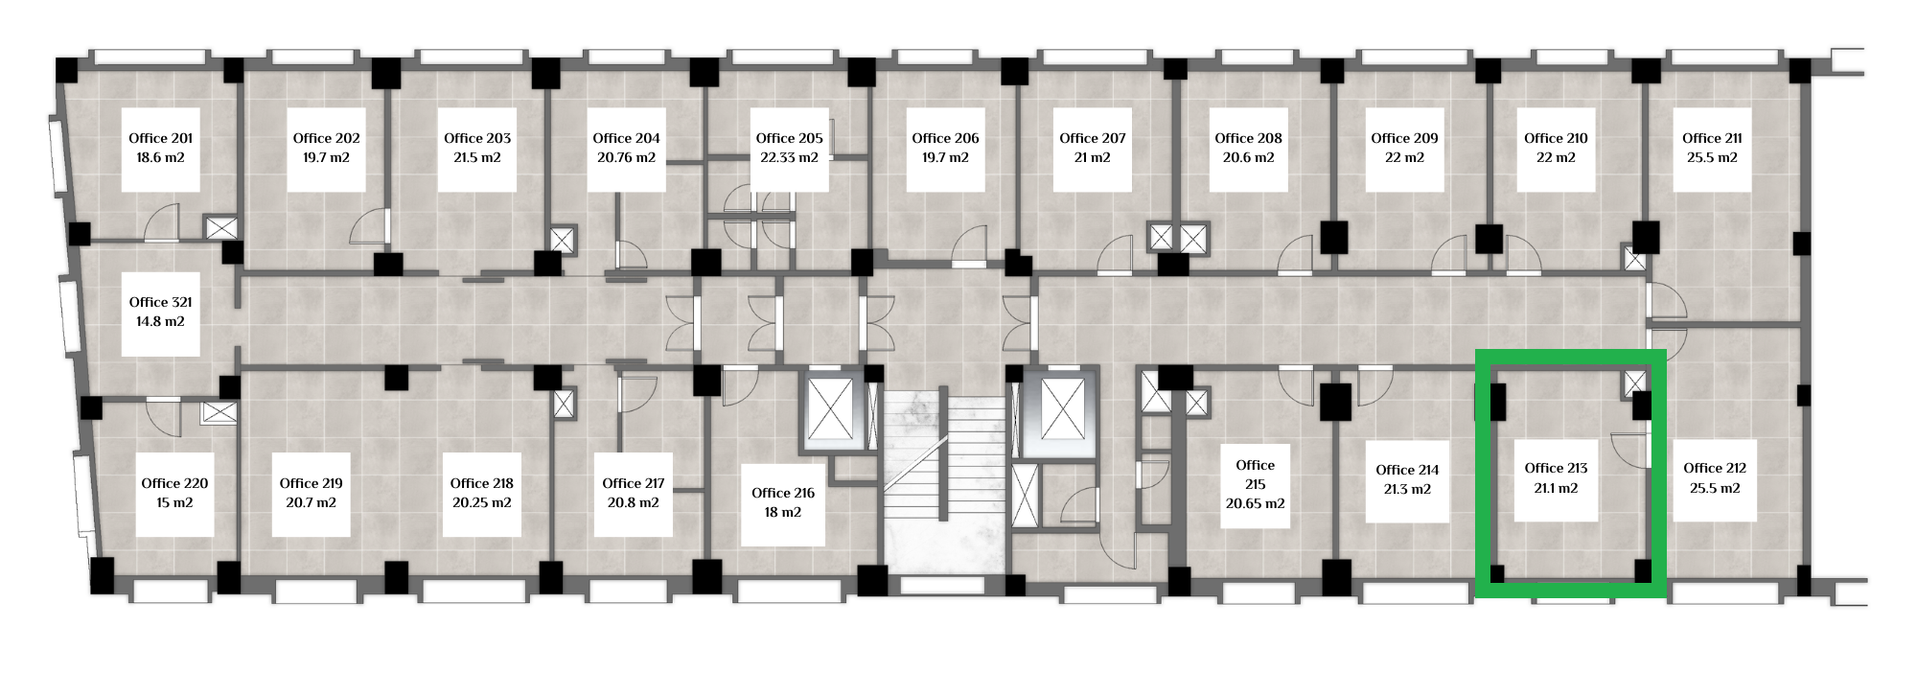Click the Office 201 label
(x=161, y=138)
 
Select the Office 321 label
(x=161, y=302)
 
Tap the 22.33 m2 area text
(x=789, y=157)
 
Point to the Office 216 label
(x=783, y=493)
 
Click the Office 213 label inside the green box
(x=1556, y=468)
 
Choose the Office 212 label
(x=1715, y=468)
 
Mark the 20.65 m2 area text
(x=1255, y=503)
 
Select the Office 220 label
(x=174, y=483)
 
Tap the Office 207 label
(x=1093, y=138)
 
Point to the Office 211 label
(x=1712, y=138)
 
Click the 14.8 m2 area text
(x=160, y=321)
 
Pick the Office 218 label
(x=481, y=483)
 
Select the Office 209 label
(x=1404, y=138)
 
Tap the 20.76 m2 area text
(x=626, y=157)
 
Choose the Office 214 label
(x=1407, y=470)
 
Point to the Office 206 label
(x=945, y=138)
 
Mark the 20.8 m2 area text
(x=633, y=502)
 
